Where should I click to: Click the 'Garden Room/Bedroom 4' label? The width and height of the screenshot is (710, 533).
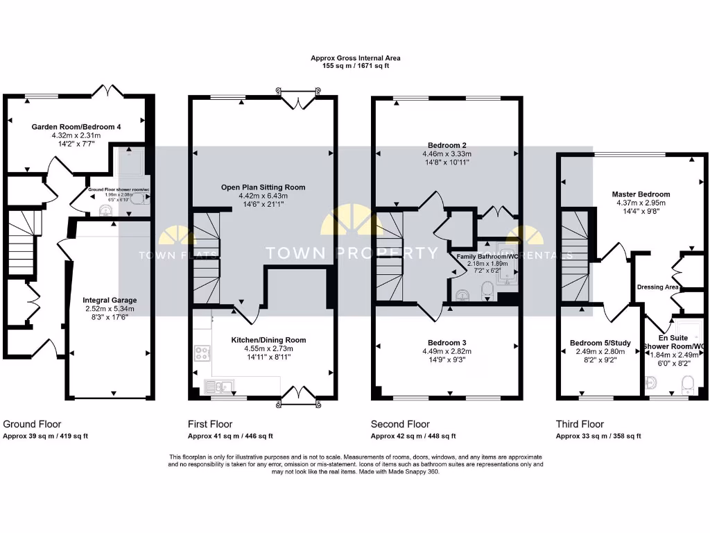(76, 126)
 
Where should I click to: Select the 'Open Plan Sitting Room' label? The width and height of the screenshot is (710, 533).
(263, 187)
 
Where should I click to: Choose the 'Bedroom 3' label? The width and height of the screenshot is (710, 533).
(447, 343)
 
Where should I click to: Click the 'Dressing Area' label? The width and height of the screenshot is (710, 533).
(657, 287)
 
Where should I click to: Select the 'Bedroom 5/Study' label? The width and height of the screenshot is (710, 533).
(599, 343)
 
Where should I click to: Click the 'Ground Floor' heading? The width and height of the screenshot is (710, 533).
(32, 424)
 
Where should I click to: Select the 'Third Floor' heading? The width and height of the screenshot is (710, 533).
(580, 424)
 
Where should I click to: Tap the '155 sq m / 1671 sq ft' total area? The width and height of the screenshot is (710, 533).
(355, 65)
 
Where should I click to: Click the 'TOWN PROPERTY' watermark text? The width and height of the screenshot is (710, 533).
(352, 253)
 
